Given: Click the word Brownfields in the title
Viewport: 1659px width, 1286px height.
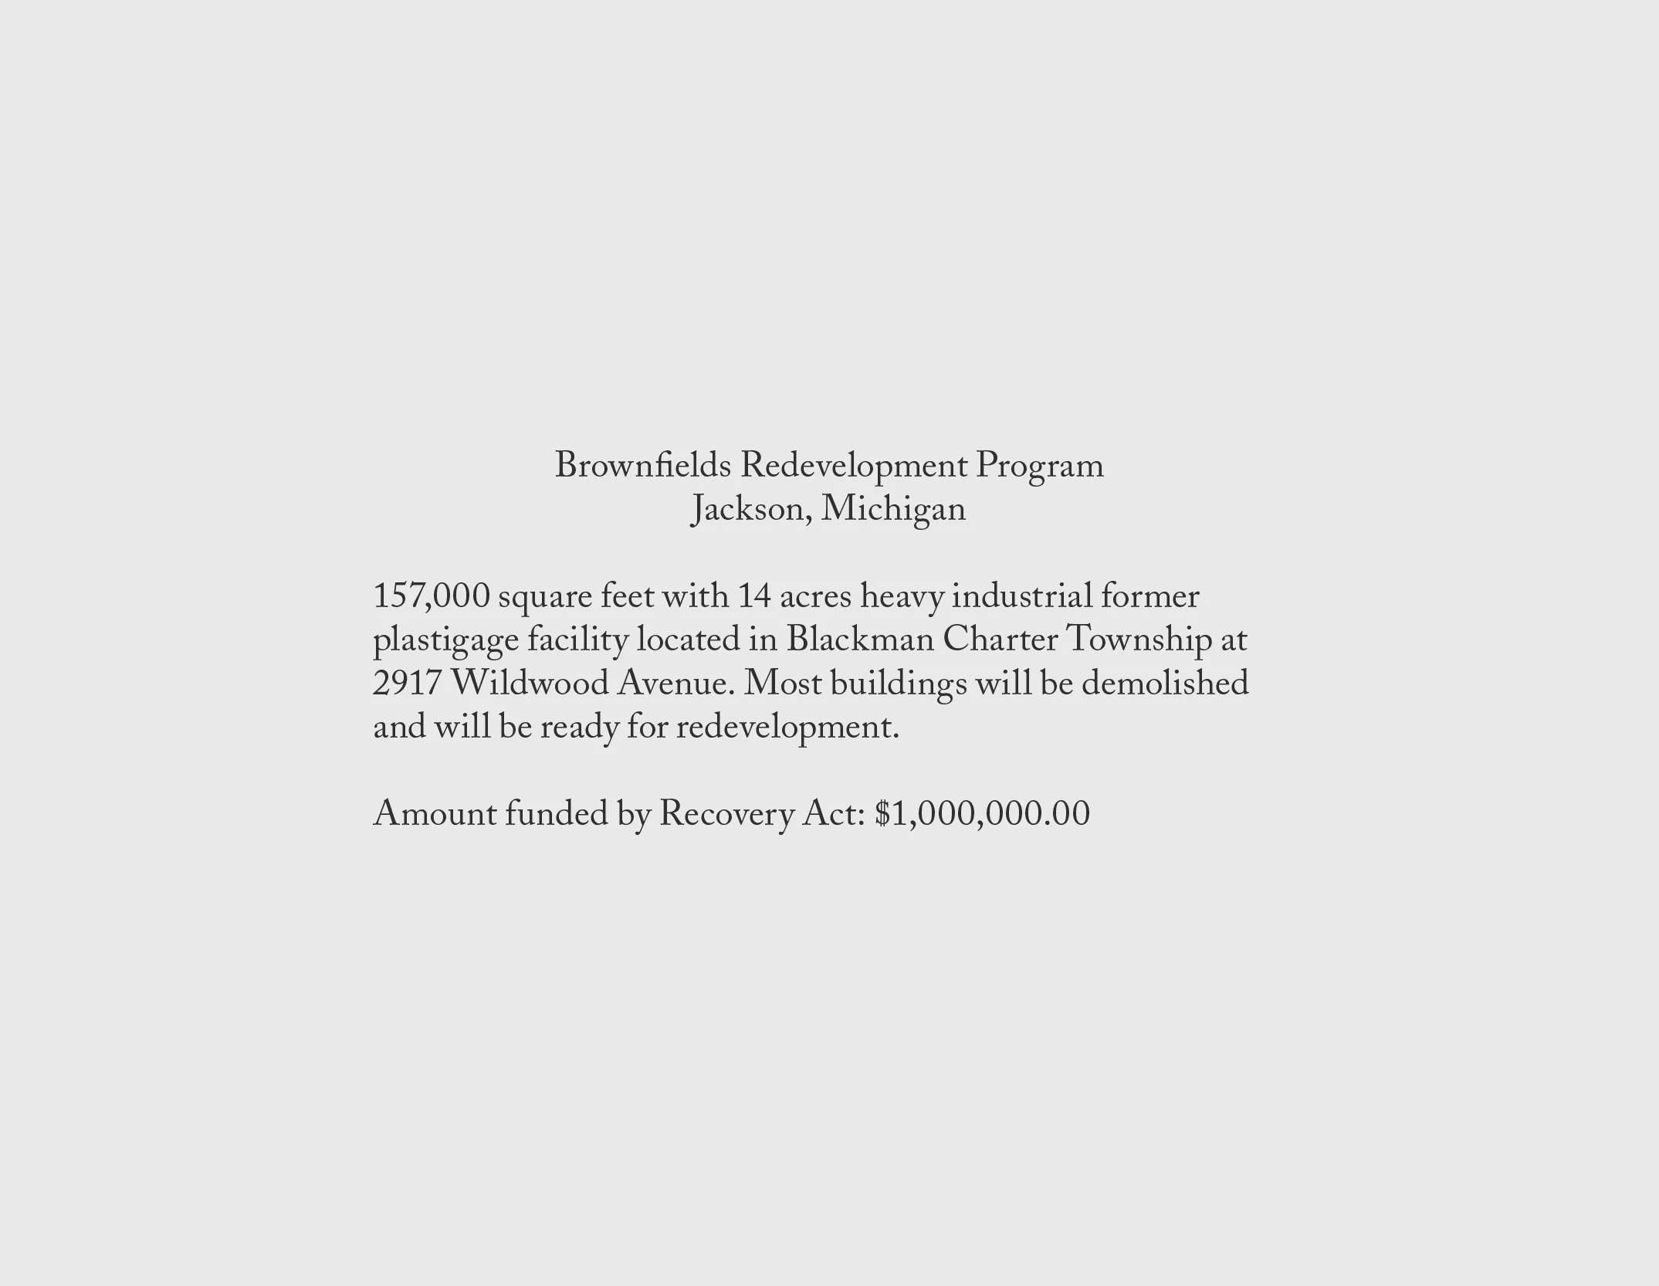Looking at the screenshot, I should point(642,466).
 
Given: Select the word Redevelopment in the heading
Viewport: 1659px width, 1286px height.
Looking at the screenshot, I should point(853,466).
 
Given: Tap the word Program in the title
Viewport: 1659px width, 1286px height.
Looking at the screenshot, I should point(1039,466).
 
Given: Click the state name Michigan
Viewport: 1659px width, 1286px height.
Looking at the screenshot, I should point(893,510).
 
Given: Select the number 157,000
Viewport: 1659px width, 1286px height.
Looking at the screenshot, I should point(431,596).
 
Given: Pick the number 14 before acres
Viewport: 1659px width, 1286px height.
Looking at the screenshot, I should point(754,596).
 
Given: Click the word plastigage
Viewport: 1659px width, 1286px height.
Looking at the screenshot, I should point(445,640).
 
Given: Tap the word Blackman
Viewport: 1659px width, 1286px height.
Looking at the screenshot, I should point(860,640).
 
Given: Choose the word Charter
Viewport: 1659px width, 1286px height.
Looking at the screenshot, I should point(1000,640).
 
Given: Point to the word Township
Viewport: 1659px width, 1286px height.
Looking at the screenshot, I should point(1139,640).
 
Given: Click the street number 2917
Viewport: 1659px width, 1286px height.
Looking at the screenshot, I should point(407,684).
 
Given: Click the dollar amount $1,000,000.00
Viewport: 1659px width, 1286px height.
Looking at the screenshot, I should point(982,814).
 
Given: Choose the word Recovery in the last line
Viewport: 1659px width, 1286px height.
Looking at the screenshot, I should point(726,814).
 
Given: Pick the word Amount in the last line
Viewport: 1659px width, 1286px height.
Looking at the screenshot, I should point(435,814).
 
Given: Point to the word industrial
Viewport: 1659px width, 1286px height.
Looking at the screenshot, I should point(1021,596).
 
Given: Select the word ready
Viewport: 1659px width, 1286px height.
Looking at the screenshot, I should point(579,728).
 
